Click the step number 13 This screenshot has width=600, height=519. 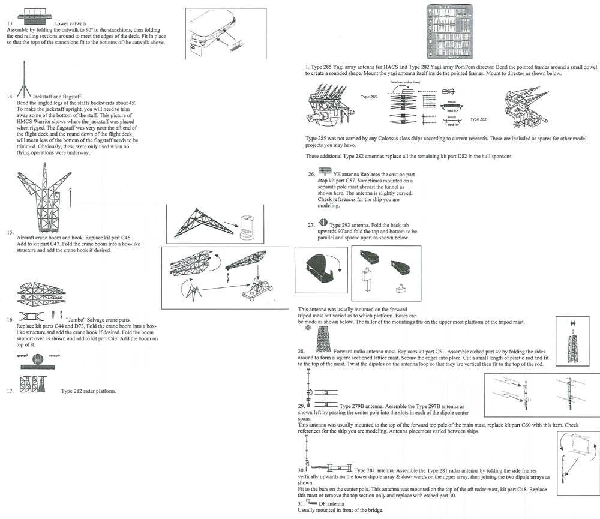[x=10, y=23]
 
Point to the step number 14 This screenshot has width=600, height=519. [x=10, y=96]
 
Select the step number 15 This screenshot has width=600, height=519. [x=10, y=232]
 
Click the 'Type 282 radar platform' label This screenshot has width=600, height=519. [x=89, y=391]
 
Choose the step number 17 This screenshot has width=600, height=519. [x=10, y=391]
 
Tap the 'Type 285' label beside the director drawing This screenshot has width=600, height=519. [x=368, y=96]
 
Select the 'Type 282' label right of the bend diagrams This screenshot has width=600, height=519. [x=478, y=119]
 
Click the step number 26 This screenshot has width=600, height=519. [x=311, y=175]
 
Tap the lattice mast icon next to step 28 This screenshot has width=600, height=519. [x=323, y=342]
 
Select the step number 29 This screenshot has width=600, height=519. [x=301, y=406]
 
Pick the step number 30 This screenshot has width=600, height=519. [x=301, y=470]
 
